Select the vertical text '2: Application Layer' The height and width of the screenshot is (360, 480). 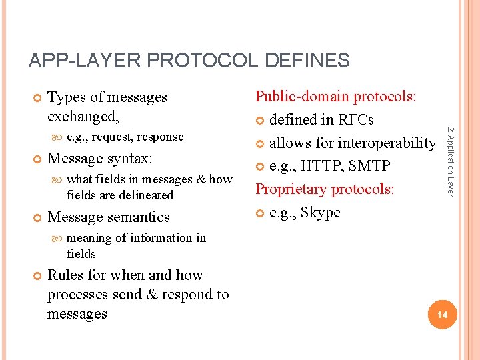click(x=450, y=161)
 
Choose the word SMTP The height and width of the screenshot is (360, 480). click(x=370, y=166)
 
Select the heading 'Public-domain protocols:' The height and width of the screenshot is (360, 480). click(x=336, y=97)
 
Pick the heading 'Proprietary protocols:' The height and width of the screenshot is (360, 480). click(x=325, y=189)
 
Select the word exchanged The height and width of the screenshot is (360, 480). click(x=82, y=117)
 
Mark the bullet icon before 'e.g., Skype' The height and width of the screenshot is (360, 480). click(x=261, y=213)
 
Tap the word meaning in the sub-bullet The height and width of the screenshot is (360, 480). click(x=89, y=238)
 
